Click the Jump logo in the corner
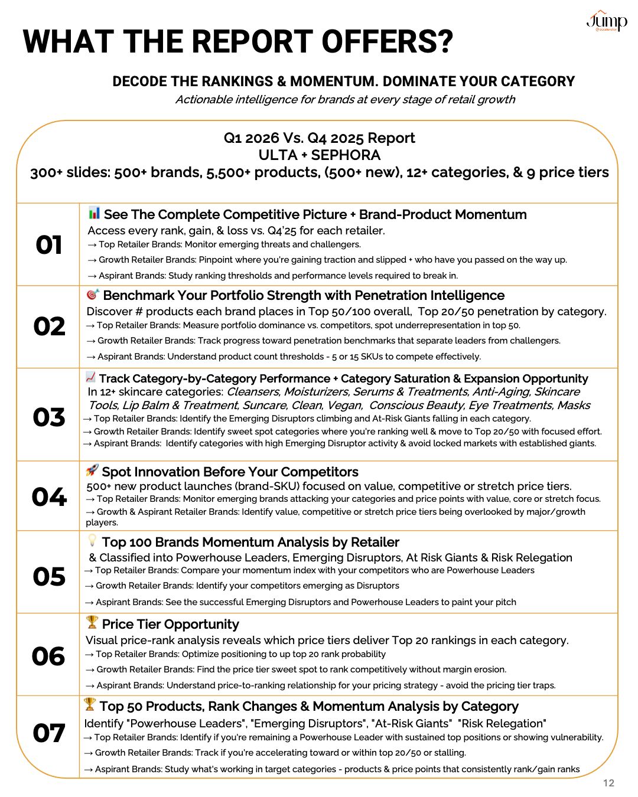coord(607,21)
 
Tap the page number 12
coord(608,783)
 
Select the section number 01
coord(48,245)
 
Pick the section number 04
coord(49,497)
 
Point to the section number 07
coord(48,733)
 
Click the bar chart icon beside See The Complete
coord(94,213)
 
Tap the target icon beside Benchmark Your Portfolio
coord(93,294)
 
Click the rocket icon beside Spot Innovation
coord(92,470)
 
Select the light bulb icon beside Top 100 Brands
coord(92,540)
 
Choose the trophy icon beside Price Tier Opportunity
coord(92,622)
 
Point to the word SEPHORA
coord(346,155)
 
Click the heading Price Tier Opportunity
coord(170,625)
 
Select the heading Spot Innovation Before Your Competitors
coord(230,472)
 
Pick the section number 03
coord(48,417)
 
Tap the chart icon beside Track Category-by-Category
coord(90,377)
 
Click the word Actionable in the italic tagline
coord(204,100)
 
